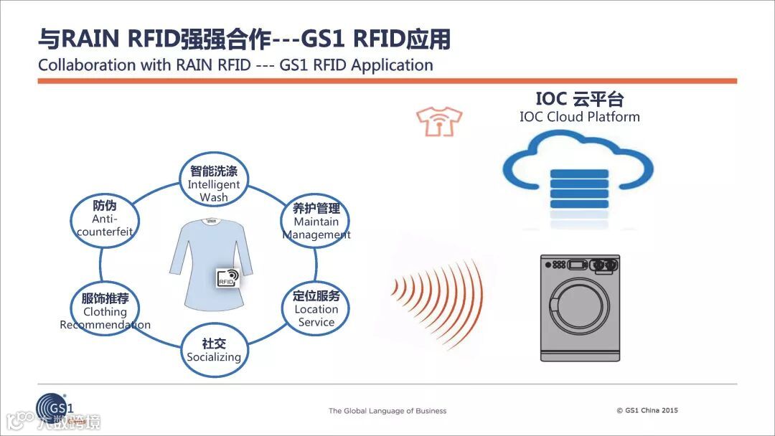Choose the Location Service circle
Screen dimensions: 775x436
click(x=316, y=308)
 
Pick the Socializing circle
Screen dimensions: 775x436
click(x=214, y=350)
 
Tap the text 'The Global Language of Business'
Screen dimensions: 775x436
click(x=387, y=411)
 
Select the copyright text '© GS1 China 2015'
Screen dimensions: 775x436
click(x=647, y=410)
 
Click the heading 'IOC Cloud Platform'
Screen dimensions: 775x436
click(x=579, y=116)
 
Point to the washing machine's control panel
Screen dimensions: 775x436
click(x=579, y=265)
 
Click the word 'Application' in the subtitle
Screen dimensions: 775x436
click(x=393, y=65)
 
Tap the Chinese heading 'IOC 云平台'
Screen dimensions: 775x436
click(x=579, y=98)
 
